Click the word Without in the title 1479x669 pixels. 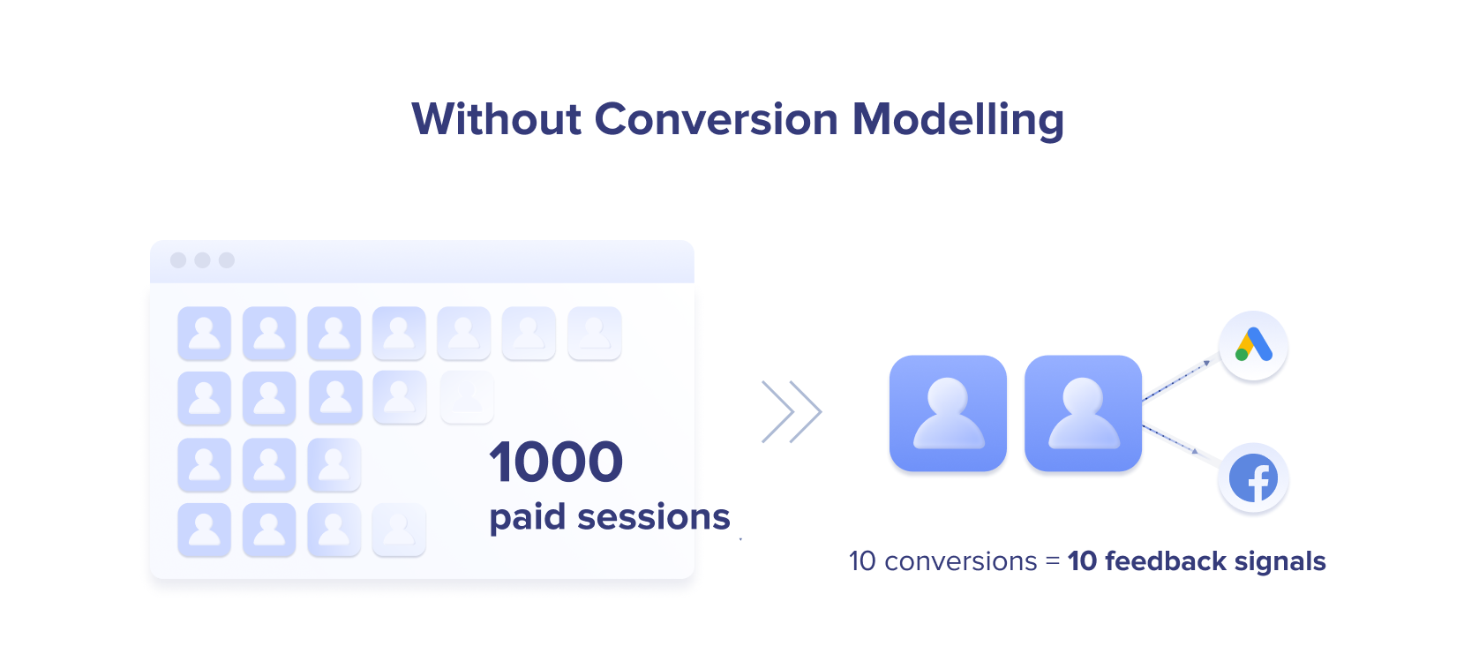coord(497,119)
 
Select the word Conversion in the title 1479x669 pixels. coord(717,119)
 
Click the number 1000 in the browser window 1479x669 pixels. coord(556,462)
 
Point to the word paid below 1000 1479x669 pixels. coord(527,518)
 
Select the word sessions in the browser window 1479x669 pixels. coord(654,517)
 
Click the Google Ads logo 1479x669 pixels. coord(1253,345)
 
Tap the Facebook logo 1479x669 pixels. coord(1253,477)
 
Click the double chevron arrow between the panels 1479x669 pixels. coord(792,411)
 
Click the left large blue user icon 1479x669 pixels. coord(948,413)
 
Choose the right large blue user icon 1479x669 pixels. coord(1083,413)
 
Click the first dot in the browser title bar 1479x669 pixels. coord(178,260)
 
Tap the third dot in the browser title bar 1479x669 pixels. coord(227,260)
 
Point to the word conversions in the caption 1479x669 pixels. coord(961,561)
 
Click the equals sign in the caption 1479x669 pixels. coord(1053,562)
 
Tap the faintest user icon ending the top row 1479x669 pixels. coord(594,333)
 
